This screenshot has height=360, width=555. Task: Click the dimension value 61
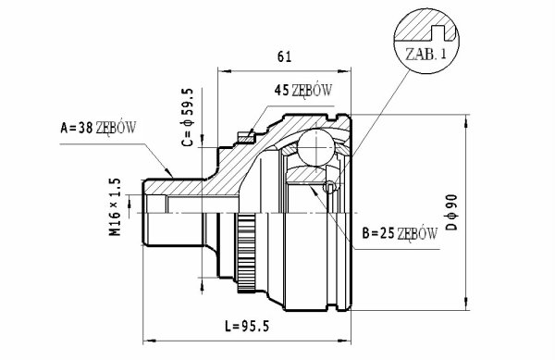coord(284,56)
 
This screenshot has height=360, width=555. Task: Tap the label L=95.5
coord(247,326)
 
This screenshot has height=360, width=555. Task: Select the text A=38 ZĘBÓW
coord(98,128)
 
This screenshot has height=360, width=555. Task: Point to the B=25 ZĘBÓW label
coord(400,233)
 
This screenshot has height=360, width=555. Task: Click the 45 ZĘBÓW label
coord(303,91)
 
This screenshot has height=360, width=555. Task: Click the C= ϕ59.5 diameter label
coord(187,118)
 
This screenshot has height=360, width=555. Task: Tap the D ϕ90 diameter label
coord(451,212)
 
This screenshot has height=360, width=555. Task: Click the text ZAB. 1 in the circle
coord(425,55)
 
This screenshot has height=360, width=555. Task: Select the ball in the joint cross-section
coord(316,147)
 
